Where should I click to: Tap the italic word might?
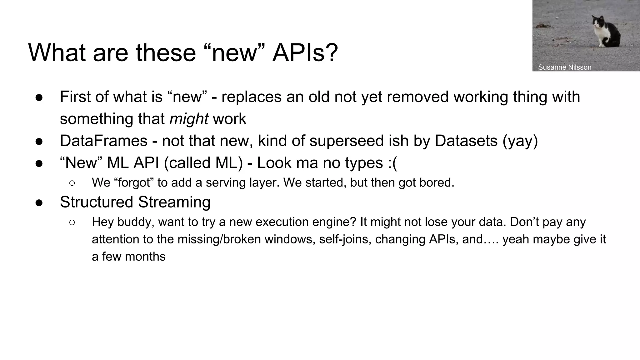pyautogui.click(x=189, y=119)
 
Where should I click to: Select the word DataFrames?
pyautogui.click(x=103, y=141)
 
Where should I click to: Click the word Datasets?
pyautogui.click(x=466, y=141)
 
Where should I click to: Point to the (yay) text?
pyautogui.click(x=520, y=141)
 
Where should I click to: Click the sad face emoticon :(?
pyautogui.click(x=392, y=163)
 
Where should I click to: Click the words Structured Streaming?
pyautogui.click(x=135, y=202)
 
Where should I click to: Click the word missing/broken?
pyautogui.click(x=219, y=239)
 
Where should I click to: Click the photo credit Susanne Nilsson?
pyautogui.click(x=564, y=67)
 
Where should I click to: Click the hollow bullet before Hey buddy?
pyautogui.click(x=72, y=222)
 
